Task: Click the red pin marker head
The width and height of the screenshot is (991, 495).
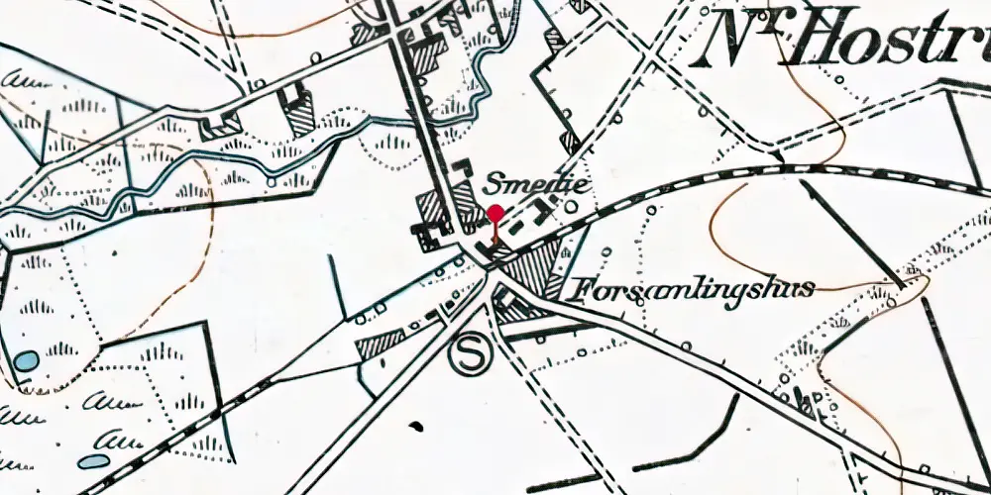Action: pos(495,212)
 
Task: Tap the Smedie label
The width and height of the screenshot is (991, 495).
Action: pos(523,184)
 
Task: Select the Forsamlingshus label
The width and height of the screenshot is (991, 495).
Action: pos(693,289)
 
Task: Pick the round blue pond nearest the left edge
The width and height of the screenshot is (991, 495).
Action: pos(27,360)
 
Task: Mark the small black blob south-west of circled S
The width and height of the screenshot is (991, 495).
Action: pos(416,427)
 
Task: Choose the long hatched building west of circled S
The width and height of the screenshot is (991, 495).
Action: pos(381,345)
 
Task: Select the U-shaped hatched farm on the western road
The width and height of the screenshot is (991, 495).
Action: pos(220,126)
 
